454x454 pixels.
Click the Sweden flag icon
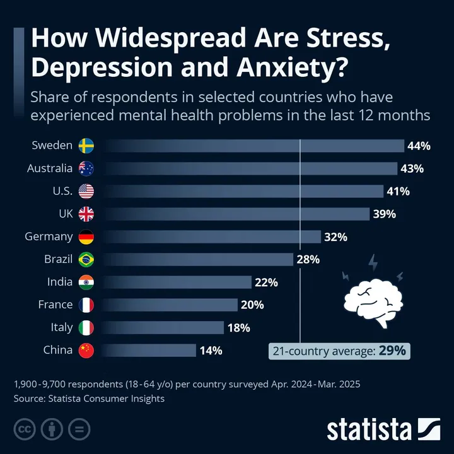pos(86,146)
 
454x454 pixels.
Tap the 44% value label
pos(419,146)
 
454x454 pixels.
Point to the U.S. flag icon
pos(86,191)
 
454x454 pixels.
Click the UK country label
pos(66,214)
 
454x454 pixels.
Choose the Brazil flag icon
pos(86,259)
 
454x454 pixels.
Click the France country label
pos(55,305)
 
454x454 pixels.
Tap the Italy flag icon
pos(86,328)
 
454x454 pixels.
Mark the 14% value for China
pos(211,351)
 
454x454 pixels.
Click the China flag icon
pos(86,351)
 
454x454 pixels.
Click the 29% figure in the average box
pos(392,350)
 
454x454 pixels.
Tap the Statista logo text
pos(369,430)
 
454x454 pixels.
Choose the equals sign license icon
pos(79,430)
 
